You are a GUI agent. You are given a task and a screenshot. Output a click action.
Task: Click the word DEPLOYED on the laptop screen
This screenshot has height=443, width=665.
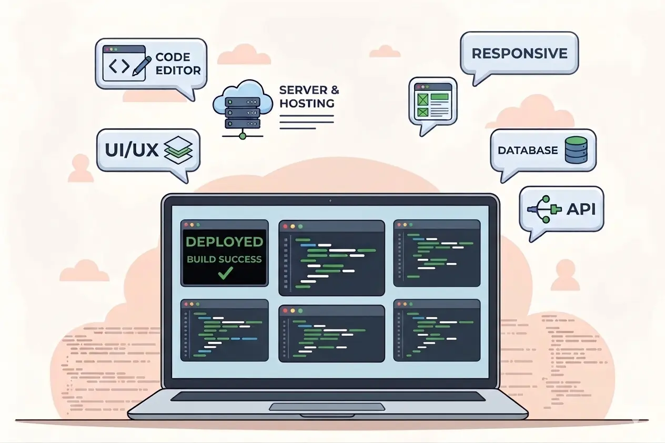coord(224,242)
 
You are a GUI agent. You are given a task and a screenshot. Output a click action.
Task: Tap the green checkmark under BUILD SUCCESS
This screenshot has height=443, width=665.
coord(225,273)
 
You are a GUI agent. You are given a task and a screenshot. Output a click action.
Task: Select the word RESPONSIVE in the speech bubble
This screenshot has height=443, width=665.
coord(519,53)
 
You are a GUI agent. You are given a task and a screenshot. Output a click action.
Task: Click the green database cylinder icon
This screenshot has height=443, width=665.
coord(576,150)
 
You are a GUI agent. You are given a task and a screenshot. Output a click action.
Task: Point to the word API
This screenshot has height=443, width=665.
coord(581,209)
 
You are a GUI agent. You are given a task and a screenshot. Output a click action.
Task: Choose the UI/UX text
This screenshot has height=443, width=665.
coord(132,149)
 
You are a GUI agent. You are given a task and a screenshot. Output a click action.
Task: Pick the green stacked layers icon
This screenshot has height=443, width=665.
coord(179,149)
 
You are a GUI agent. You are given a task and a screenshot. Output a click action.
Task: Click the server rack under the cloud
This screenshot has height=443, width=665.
coord(243,112)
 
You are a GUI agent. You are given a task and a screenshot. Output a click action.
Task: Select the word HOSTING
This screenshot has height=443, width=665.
coord(307,103)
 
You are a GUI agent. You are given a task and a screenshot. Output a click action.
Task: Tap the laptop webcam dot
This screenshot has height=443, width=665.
coord(330,200)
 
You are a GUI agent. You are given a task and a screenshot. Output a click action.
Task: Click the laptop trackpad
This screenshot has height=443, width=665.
coord(327,407)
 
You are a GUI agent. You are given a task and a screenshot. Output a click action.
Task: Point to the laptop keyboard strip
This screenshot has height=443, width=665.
coord(327,396)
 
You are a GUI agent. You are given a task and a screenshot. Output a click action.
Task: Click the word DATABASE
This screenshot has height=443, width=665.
coord(528,150)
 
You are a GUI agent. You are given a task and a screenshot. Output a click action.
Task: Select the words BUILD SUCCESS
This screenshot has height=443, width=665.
coord(224,259)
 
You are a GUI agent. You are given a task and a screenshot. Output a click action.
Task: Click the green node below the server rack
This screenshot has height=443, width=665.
coord(243,136)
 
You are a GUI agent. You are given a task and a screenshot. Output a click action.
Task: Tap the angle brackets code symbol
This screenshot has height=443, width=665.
coord(118,66)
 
